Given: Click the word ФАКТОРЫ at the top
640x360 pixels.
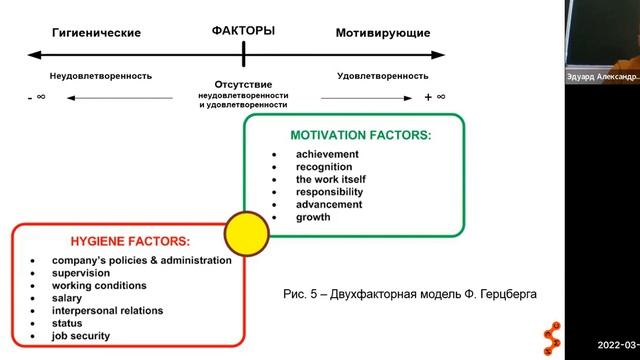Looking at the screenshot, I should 243,31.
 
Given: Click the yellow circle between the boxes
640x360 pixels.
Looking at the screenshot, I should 246,234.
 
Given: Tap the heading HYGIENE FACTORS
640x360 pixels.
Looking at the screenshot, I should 130,241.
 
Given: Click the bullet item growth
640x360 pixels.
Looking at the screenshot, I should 313,216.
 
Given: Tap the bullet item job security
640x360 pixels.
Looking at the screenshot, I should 83,336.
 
